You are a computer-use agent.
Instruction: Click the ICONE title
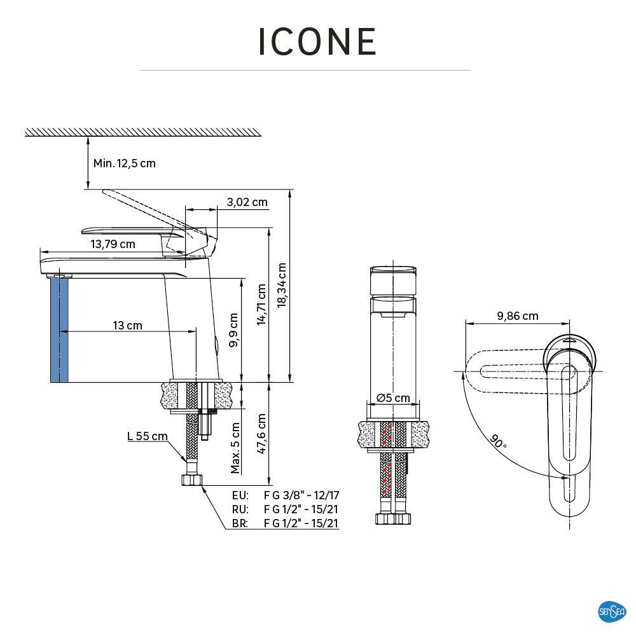click(x=317, y=41)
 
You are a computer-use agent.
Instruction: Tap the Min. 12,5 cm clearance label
click(x=125, y=163)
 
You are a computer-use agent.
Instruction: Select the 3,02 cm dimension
click(x=247, y=202)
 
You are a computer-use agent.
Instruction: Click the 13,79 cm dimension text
click(x=113, y=244)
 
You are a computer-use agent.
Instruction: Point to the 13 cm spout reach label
click(x=127, y=326)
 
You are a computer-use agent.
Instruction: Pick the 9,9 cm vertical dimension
click(x=233, y=329)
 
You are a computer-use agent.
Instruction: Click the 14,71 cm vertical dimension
click(x=261, y=305)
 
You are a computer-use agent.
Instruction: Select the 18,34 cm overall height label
click(x=282, y=285)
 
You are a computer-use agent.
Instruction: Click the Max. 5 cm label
click(x=235, y=448)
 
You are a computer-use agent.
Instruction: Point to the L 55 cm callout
click(x=148, y=436)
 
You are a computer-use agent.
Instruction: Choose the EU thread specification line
click(x=285, y=495)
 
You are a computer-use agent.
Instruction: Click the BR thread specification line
click(x=285, y=523)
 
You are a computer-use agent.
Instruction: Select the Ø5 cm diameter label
click(x=393, y=398)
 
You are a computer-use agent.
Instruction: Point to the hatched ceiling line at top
click(x=142, y=132)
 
